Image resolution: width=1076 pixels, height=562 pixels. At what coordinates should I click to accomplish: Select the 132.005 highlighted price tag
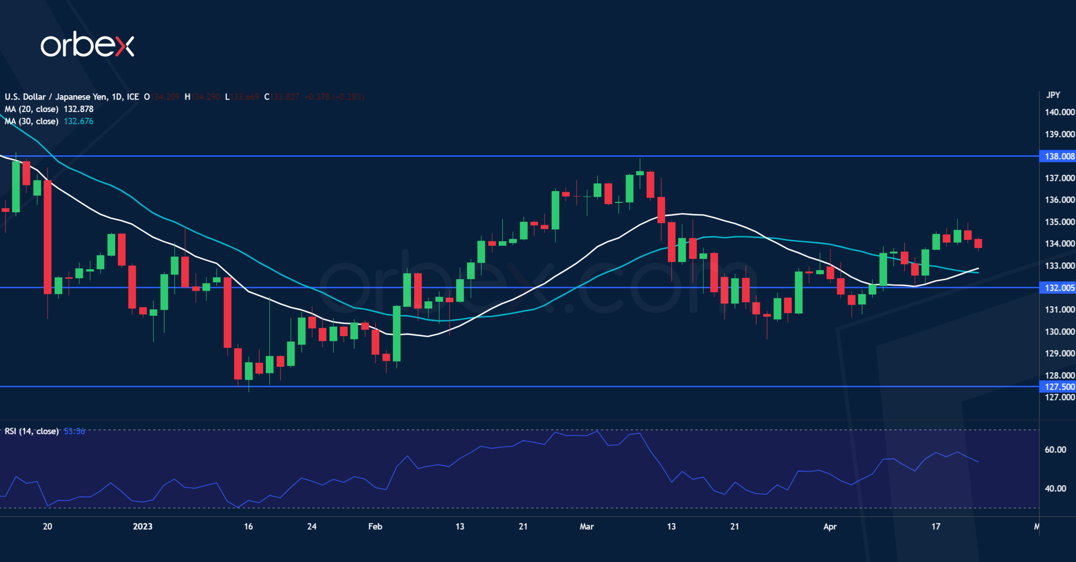click(x=1058, y=288)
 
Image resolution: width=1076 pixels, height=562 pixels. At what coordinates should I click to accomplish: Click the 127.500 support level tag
click(x=1058, y=387)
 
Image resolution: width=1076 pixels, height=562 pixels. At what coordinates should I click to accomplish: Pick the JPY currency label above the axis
click(x=1052, y=95)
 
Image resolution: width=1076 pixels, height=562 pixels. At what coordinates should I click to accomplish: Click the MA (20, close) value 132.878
click(x=79, y=109)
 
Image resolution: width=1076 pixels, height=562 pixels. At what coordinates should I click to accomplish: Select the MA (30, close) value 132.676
click(x=79, y=121)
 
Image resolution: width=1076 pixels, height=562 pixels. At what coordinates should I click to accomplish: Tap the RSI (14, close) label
click(x=31, y=431)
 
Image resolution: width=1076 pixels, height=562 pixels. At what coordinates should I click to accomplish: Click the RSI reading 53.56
click(x=74, y=431)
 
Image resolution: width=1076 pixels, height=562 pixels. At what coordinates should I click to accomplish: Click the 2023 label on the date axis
click(x=142, y=526)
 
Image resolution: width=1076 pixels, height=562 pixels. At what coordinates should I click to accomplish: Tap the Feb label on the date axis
click(x=375, y=526)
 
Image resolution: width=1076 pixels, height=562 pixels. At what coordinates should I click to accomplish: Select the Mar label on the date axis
click(x=586, y=526)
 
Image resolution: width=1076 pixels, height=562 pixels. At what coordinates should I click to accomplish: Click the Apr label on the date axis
click(x=830, y=526)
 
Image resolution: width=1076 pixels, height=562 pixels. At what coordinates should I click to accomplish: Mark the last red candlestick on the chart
click(x=978, y=244)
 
